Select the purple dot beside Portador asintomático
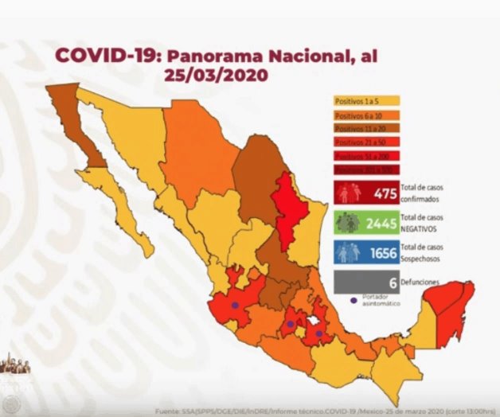[x=352, y=300]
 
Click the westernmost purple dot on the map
[x=235, y=305]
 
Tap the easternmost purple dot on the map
[x=319, y=333]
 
